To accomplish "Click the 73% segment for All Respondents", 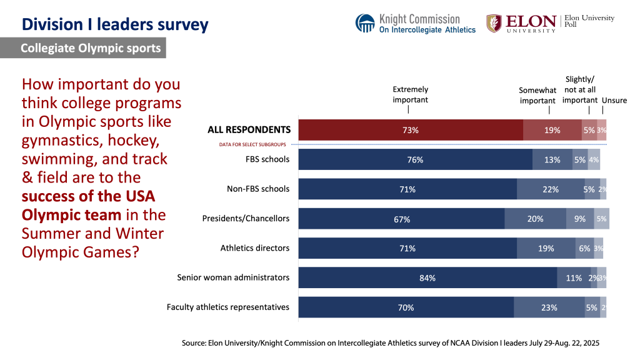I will tap(410, 130).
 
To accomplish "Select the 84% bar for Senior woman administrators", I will tap(427, 277).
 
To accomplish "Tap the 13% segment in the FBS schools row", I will tap(552, 159).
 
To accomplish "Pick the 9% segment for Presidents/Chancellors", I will tap(580, 219).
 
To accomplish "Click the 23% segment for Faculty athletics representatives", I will tap(549, 307).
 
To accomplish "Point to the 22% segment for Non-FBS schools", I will tap(550, 189).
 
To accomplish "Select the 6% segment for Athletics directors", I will tap(584, 248).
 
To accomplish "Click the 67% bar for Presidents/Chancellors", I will tap(401, 219).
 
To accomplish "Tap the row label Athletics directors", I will tap(255, 248).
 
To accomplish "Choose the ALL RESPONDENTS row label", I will tap(249, 130).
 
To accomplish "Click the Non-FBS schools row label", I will tap(258, 189).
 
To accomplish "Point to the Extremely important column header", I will tap(411, 94).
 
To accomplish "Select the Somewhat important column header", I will tap(537, 96).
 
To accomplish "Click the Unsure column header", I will tap(614, 100).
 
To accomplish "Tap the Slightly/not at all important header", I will tap(580, 90).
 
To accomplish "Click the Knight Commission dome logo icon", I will tap(366, 23).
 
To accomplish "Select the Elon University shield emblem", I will tap(494, 23).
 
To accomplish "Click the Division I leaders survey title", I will tap(115, 25).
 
